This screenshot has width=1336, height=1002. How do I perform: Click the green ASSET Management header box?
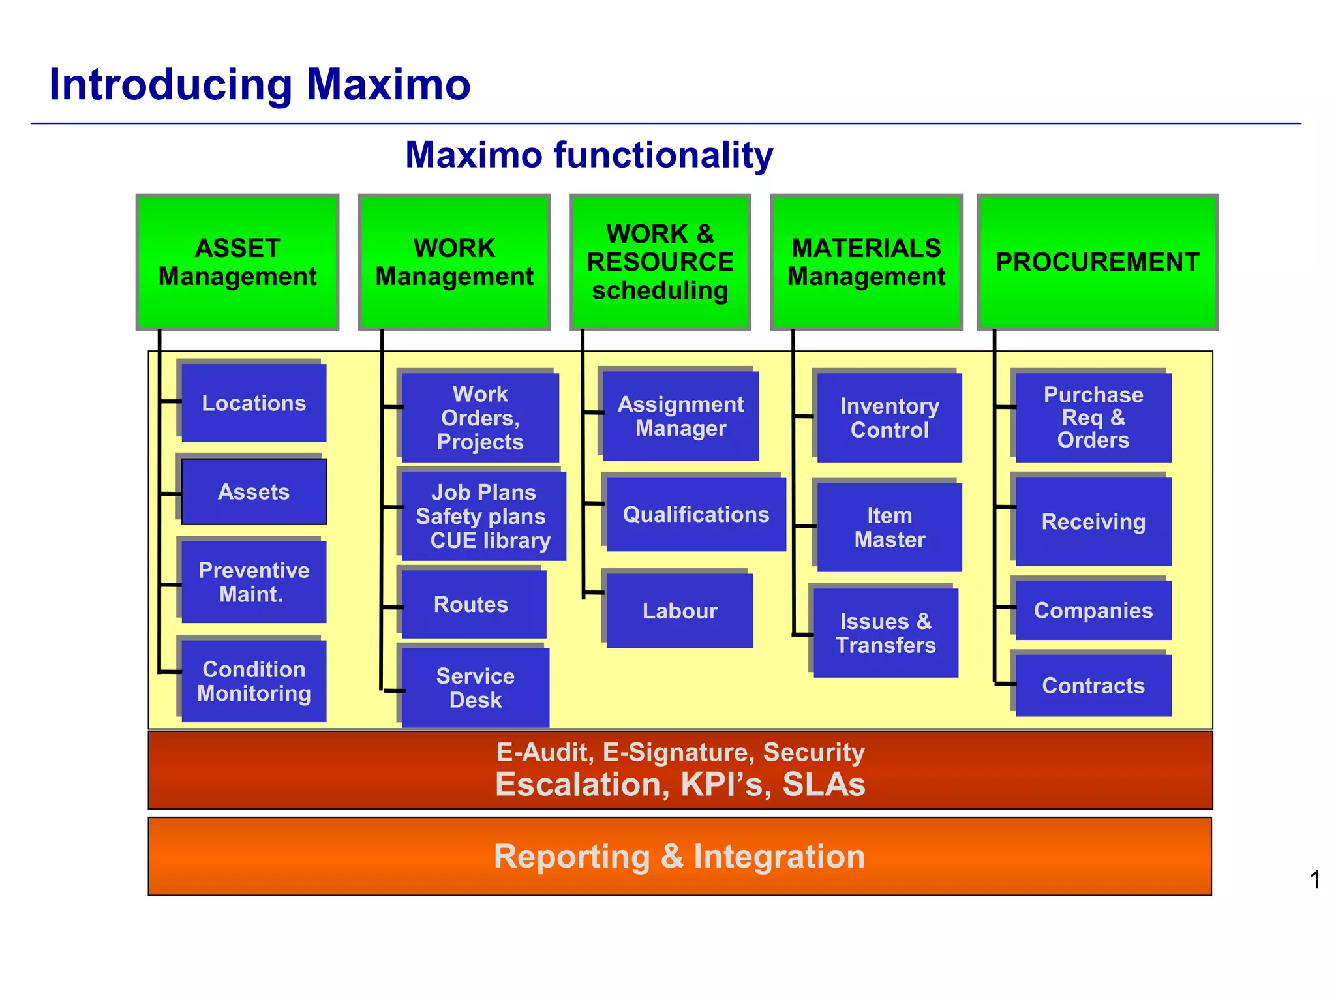[237, 262]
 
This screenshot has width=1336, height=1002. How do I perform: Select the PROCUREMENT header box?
[1097, 262]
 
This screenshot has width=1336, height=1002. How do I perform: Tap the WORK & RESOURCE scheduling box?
[660, 262]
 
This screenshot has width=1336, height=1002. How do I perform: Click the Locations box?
[254, 402]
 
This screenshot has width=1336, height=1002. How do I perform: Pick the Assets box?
[254, 491]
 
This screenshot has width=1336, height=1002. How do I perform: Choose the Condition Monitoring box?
[254, 681]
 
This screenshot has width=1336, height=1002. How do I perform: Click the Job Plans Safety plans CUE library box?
[483, 516]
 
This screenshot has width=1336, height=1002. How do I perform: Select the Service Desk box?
[476, 688]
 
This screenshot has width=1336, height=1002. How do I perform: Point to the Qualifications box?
[696, 514]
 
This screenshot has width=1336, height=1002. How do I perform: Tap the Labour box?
[680, 611]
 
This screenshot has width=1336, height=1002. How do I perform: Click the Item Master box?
[889, 527]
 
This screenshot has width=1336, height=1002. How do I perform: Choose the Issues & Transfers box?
[886, 633]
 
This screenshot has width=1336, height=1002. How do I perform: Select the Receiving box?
[1093, 521]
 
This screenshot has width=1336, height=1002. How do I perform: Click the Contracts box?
[1093, 686]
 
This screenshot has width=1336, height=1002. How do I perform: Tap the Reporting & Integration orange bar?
[680, 856]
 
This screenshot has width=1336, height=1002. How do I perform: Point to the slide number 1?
[1315, 880]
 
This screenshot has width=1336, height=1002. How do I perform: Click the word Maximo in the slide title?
[388, 85]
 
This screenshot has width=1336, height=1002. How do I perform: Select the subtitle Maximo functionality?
[589, 155]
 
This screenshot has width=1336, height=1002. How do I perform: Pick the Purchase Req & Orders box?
[1093, 417]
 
